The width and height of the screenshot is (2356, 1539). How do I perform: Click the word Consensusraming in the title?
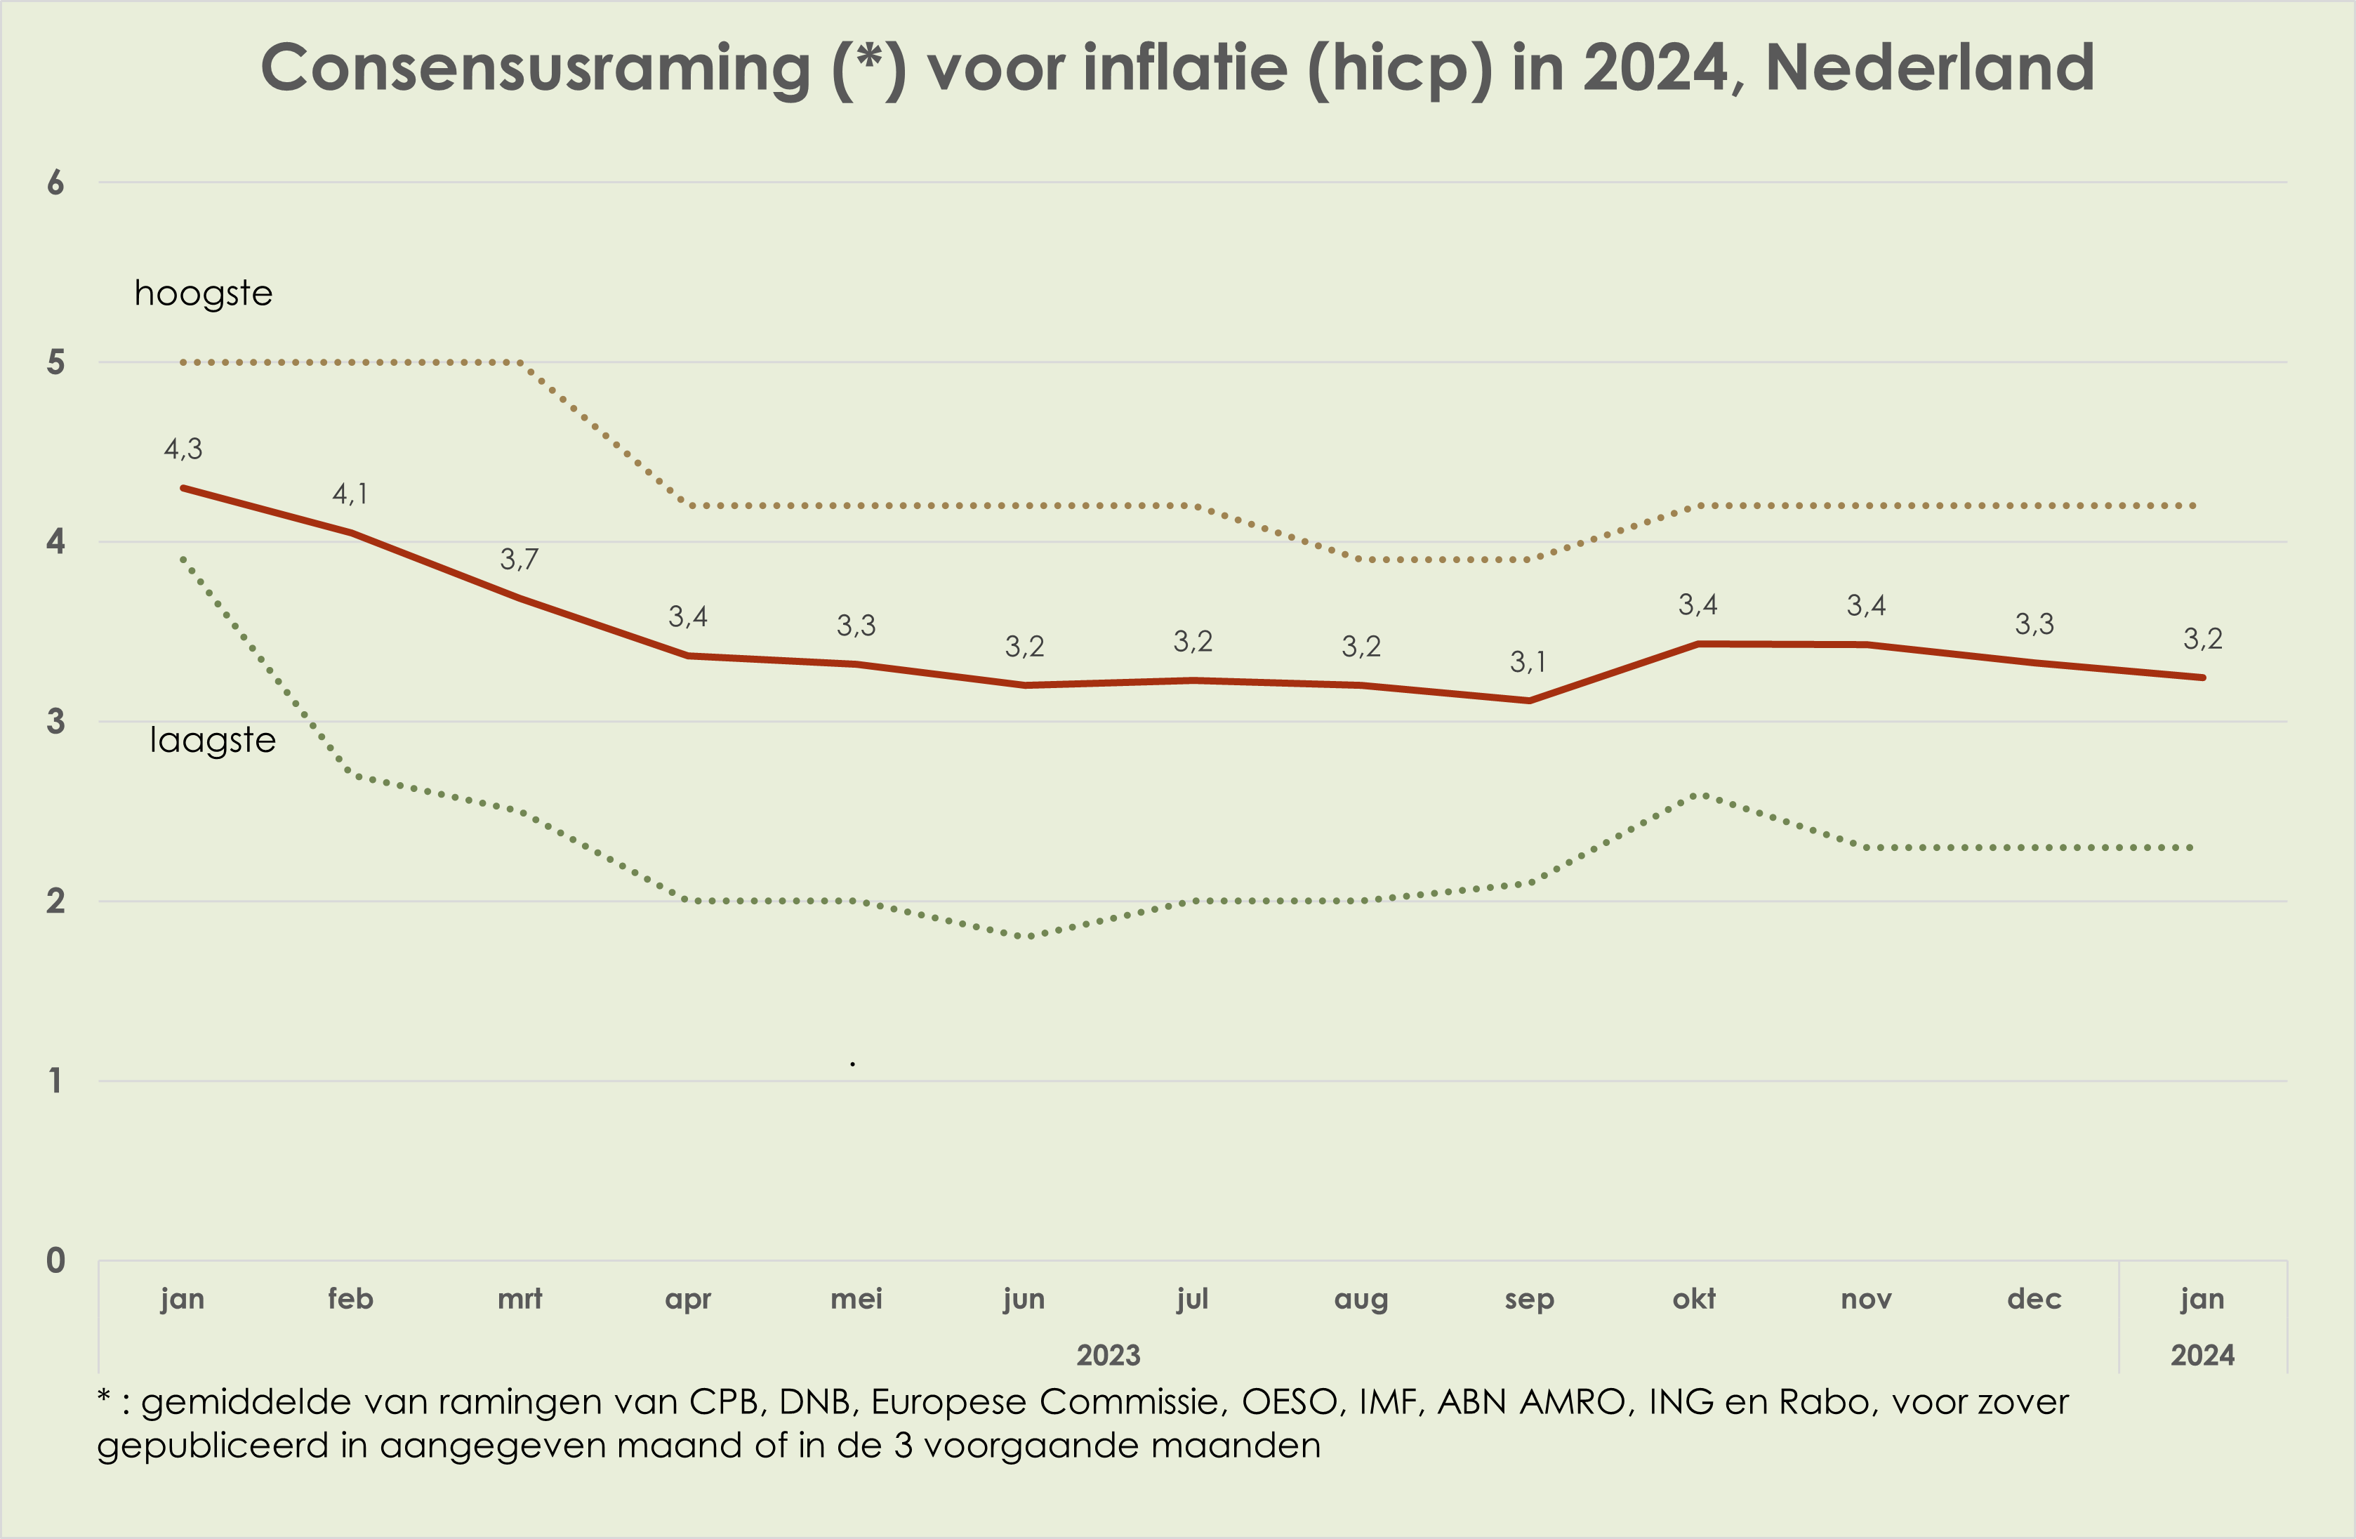point(534,70)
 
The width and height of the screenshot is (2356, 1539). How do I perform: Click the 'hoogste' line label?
point(203,294)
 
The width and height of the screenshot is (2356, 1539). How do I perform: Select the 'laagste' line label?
point(213,740)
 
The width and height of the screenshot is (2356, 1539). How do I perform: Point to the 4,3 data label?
point(183,449)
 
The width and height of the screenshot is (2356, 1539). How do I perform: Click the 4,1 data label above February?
point(350,494)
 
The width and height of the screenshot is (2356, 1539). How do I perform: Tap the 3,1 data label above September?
point(1528,662)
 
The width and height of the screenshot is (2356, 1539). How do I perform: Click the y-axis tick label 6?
point(55,183)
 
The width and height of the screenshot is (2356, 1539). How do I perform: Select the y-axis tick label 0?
point(55,1261)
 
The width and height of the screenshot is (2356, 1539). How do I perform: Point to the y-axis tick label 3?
point(55,722)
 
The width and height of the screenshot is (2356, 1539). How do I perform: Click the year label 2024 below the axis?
point(2202,1355)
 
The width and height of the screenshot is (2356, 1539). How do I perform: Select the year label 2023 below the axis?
point(1108,1355)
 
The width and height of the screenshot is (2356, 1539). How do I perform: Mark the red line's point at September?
point(1530,701)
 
